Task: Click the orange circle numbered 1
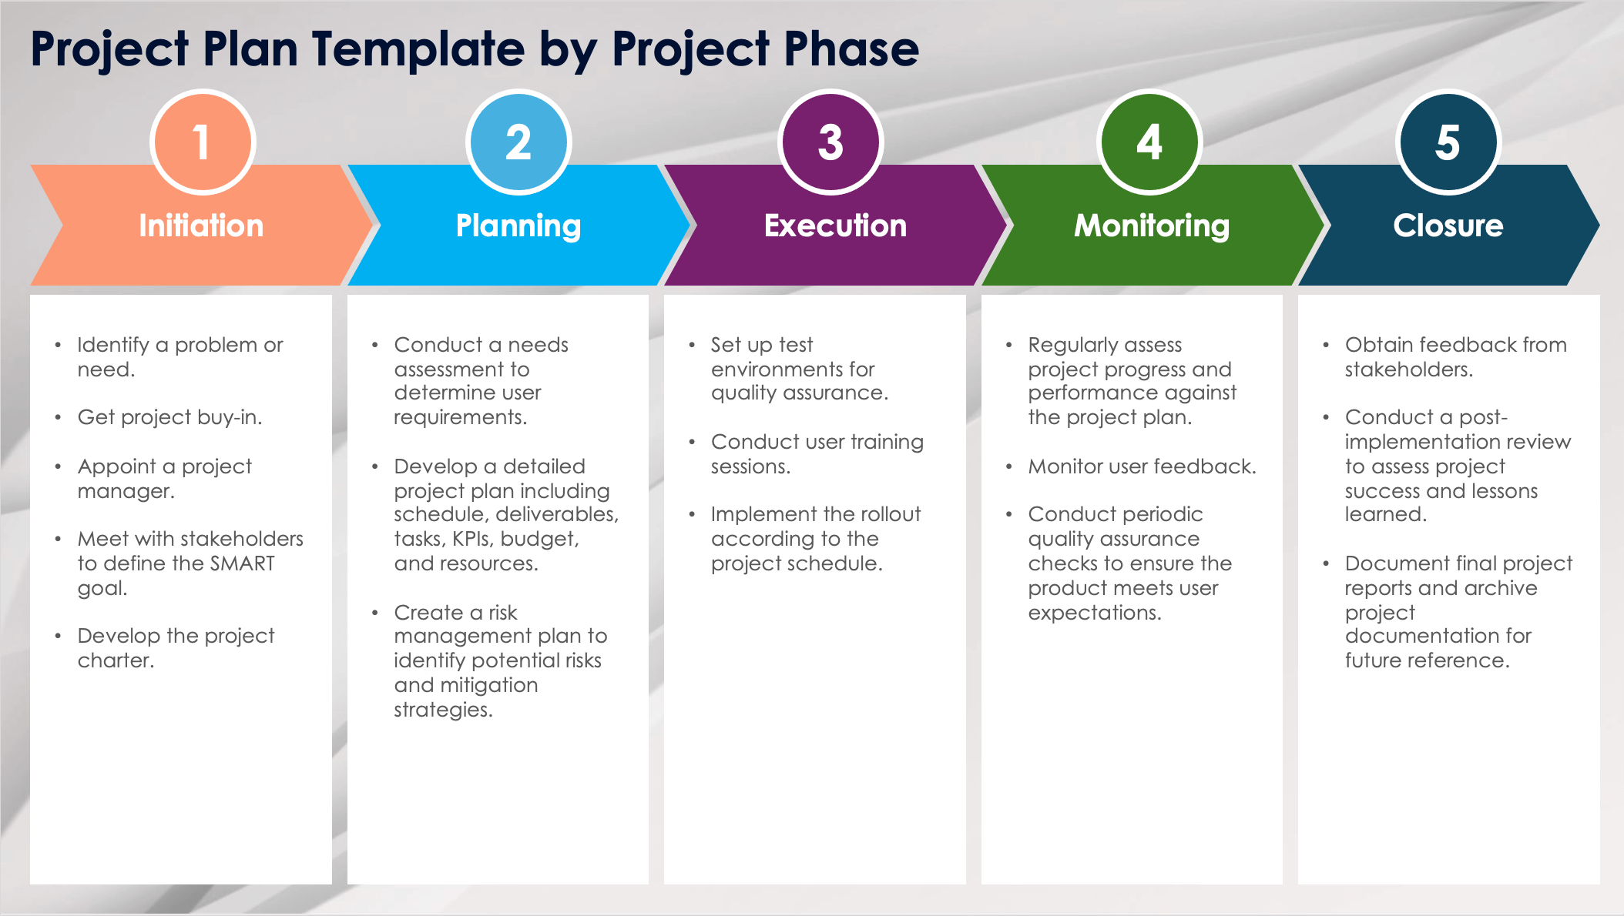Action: click(x=203, y=142)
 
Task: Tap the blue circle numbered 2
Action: click(x=518, y=142)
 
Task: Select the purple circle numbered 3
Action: click(x=830, y=142)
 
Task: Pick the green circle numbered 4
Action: click(x=1149, y=142)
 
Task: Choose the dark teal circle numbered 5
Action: click(x=1448, y=142)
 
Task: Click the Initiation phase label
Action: click(x=201, y=226)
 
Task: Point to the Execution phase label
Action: click(x=835, y=226)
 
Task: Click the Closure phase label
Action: click(x=1448, y=226)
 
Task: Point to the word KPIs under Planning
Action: click(x=472, y=539)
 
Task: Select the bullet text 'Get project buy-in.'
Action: click(x=170, y=418)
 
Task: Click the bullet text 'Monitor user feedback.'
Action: click(x=1142, y=466)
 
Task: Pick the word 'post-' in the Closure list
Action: click(x=1483, y=418)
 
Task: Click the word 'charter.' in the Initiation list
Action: click(x=116, y=660)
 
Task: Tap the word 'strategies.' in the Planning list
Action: click(x=443, y=710)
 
